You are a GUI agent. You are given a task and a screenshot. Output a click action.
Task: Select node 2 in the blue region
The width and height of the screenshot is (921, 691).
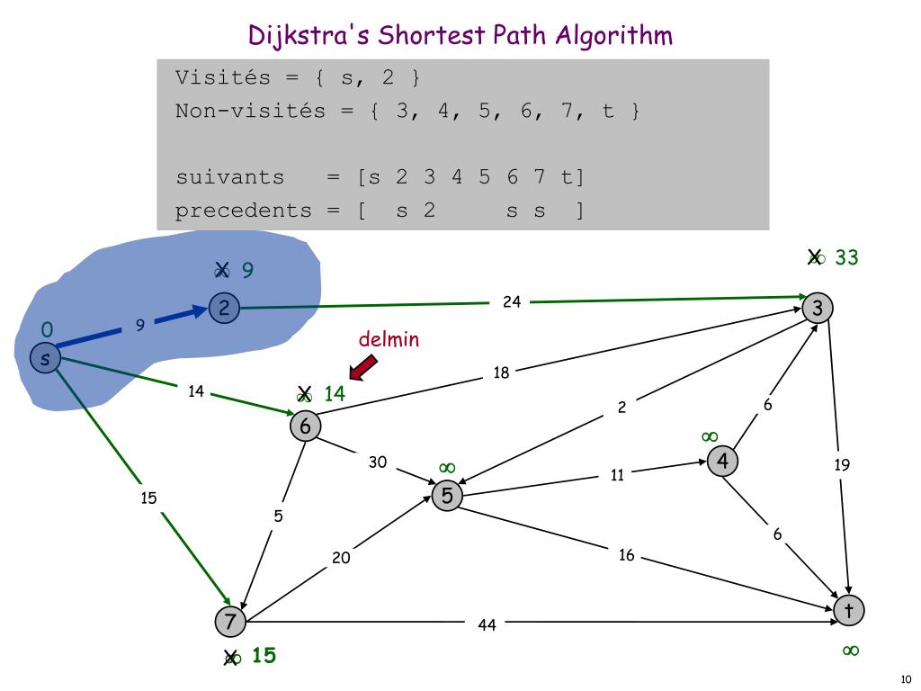(x=224, y=309)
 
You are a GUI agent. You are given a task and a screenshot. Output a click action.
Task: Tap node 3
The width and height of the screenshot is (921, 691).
(x=818, y=308)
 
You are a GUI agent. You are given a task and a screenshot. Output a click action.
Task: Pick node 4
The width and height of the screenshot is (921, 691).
(x=722, y=462)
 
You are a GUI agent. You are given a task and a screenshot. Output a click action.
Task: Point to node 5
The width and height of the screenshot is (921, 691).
(x=447, y=495)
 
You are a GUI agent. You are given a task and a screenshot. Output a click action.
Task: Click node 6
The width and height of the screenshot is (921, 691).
(x=305, y=426)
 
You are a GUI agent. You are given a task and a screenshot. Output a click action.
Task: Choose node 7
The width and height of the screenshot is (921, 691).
(x=230, y=621)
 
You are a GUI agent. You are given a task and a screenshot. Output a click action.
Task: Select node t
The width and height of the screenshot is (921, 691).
(x=848, y=611)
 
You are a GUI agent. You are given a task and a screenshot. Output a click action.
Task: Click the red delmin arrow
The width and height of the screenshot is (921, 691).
(x=362, y=366)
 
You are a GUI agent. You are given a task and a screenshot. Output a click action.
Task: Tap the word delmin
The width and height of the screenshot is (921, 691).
(x=389, y=339)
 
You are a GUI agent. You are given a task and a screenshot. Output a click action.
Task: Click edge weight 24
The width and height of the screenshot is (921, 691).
(x=512, y=302)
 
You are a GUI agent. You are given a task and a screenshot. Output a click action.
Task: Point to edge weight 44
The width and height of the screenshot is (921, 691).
(x=487, y=624)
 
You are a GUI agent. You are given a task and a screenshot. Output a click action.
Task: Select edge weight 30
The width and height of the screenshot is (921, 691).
(x=378, y=462)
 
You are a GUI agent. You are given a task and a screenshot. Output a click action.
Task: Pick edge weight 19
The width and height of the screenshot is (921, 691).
(x=842, y=465)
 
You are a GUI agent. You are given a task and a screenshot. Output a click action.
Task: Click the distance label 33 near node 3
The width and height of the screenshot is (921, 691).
(x=846, y=258)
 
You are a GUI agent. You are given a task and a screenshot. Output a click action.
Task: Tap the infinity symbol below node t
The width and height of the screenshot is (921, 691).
(x=850, y=650)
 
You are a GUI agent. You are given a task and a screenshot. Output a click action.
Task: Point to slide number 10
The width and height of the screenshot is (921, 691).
(x=905, y=679)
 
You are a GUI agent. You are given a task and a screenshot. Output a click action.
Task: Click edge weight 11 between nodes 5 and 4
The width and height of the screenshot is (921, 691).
(x=617, y=475)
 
